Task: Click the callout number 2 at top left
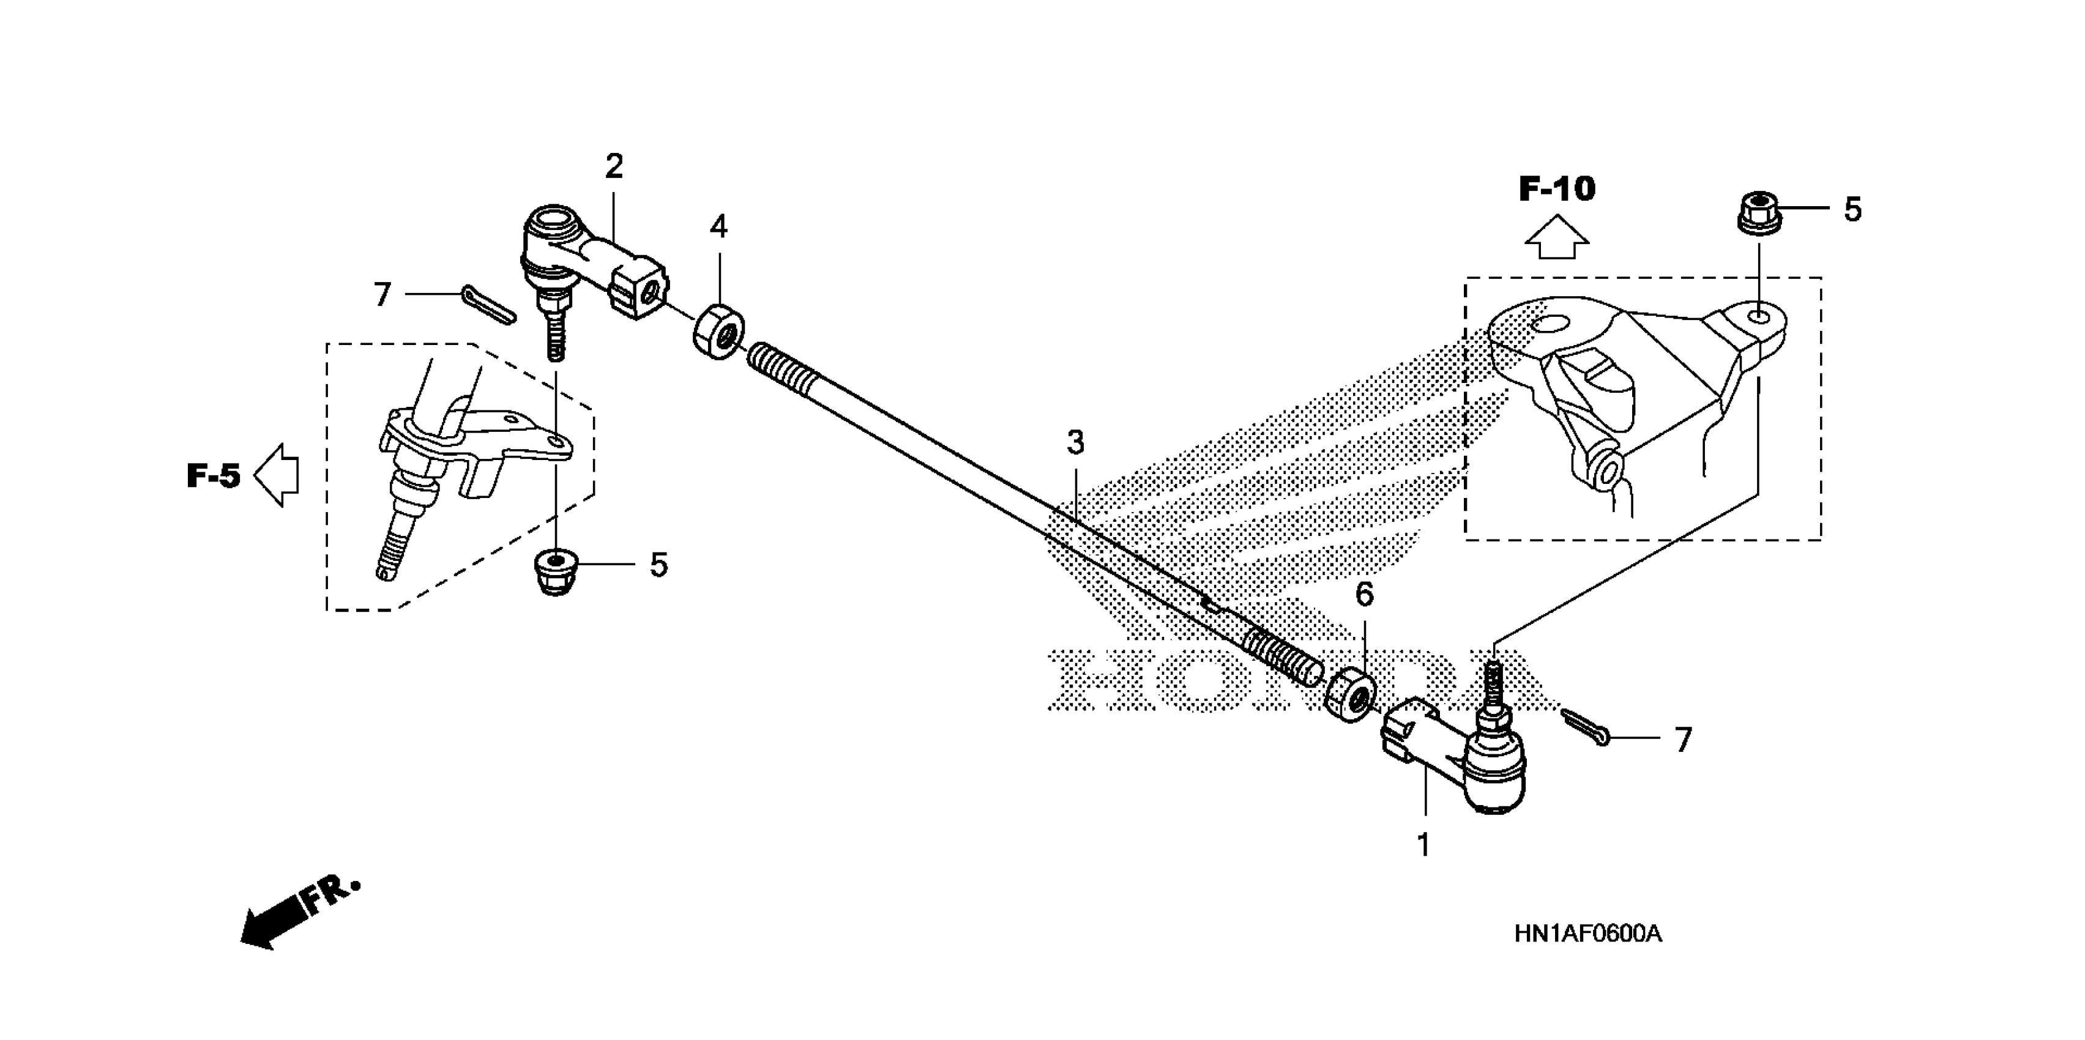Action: click(614, 167)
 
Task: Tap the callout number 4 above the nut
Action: click(718, 228)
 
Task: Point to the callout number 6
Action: click(1364, 595)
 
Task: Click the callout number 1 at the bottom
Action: click(1423, 845)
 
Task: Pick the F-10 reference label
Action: click(1556, 190)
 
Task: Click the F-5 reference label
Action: click(214, 476)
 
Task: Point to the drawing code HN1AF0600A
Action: click(1588, 934)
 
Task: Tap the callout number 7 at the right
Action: click(1684, 740)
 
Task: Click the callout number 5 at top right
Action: click(1852, 210)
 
